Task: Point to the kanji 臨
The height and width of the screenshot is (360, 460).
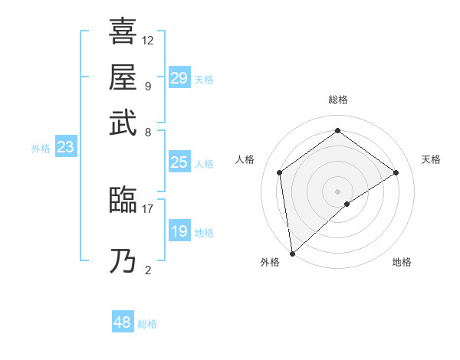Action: click(123, 200)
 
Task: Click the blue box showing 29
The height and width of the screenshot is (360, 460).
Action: click(179, 78)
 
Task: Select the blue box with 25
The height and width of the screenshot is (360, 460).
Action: click(179, 162)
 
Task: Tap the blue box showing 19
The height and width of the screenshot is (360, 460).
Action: click(179, 231)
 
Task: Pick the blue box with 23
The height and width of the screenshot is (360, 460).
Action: click(65, 148)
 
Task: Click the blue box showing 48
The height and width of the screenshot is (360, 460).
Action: click(123, 322)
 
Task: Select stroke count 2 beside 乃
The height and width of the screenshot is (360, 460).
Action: click(147, 270)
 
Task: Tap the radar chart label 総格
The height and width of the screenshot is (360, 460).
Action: click(337, 100)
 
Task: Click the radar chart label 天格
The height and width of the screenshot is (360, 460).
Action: click(431, 159)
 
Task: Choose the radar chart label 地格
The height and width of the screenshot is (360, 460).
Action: click(402, 262)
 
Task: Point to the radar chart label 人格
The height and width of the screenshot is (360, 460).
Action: click(245, 159)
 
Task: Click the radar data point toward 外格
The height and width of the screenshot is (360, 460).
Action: click(292, 254)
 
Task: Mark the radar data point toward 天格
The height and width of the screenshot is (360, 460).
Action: click(396, 172)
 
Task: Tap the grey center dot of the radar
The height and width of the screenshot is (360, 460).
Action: click(337, 191)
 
